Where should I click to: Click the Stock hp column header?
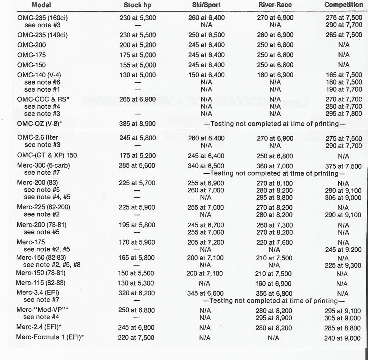point(137,5)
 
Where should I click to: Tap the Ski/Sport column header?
point(206,5)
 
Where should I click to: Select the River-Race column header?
point(275,5)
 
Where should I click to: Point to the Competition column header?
point(344,5)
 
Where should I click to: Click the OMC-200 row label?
point(32,45)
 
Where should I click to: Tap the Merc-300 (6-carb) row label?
point(43,165)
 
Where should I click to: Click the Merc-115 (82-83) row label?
point(41,283)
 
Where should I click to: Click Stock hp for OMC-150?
point(137,65)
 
